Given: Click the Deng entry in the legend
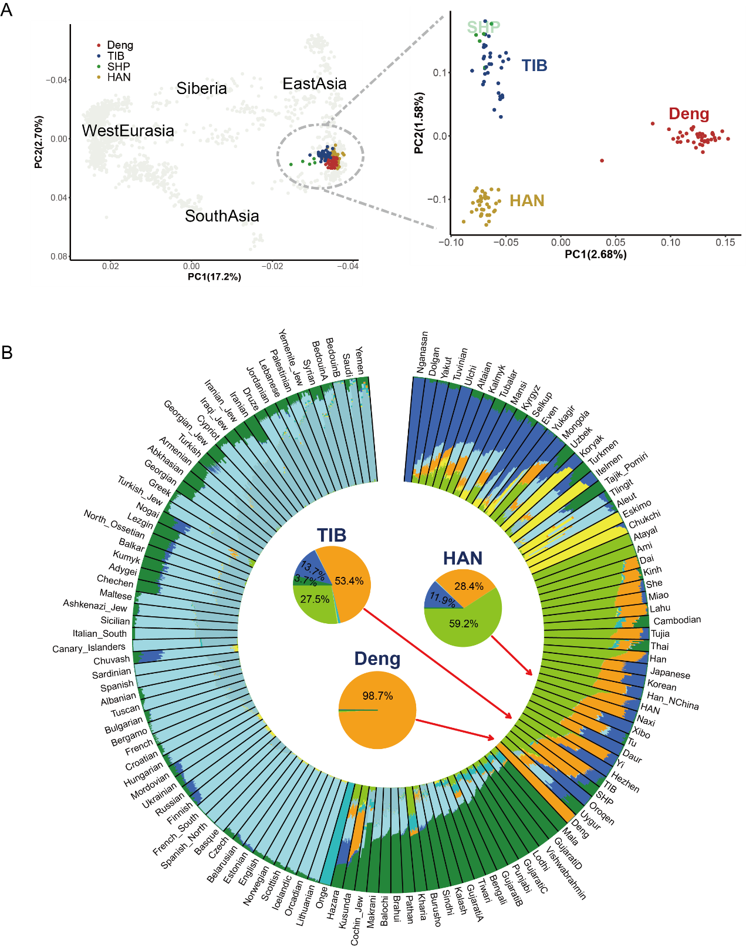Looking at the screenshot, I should [120, 45].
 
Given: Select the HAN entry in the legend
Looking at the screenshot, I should [119, 78].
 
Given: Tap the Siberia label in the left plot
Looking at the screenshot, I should [201, 89].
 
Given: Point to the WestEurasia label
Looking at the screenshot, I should [128, 130].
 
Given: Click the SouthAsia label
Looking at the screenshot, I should [222, 216].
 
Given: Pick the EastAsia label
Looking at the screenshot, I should [315, 84].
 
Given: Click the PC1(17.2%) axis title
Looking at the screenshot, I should [214, 277].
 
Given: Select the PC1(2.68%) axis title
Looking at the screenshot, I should [595, 254].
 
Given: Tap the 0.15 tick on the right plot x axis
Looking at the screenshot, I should [725, 243].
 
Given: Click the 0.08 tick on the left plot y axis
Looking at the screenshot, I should [59, 257].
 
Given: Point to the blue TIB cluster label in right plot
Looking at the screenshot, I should [534, 66].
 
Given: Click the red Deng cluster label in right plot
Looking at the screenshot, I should [688, 114].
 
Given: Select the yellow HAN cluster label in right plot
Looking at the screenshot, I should [526, 201].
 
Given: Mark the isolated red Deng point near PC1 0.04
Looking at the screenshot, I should [602, 160].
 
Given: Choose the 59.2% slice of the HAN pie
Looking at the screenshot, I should [464, 624].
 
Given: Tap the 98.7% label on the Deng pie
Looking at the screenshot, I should [377, 696].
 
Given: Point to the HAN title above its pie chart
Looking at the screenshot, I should [463, 558].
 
